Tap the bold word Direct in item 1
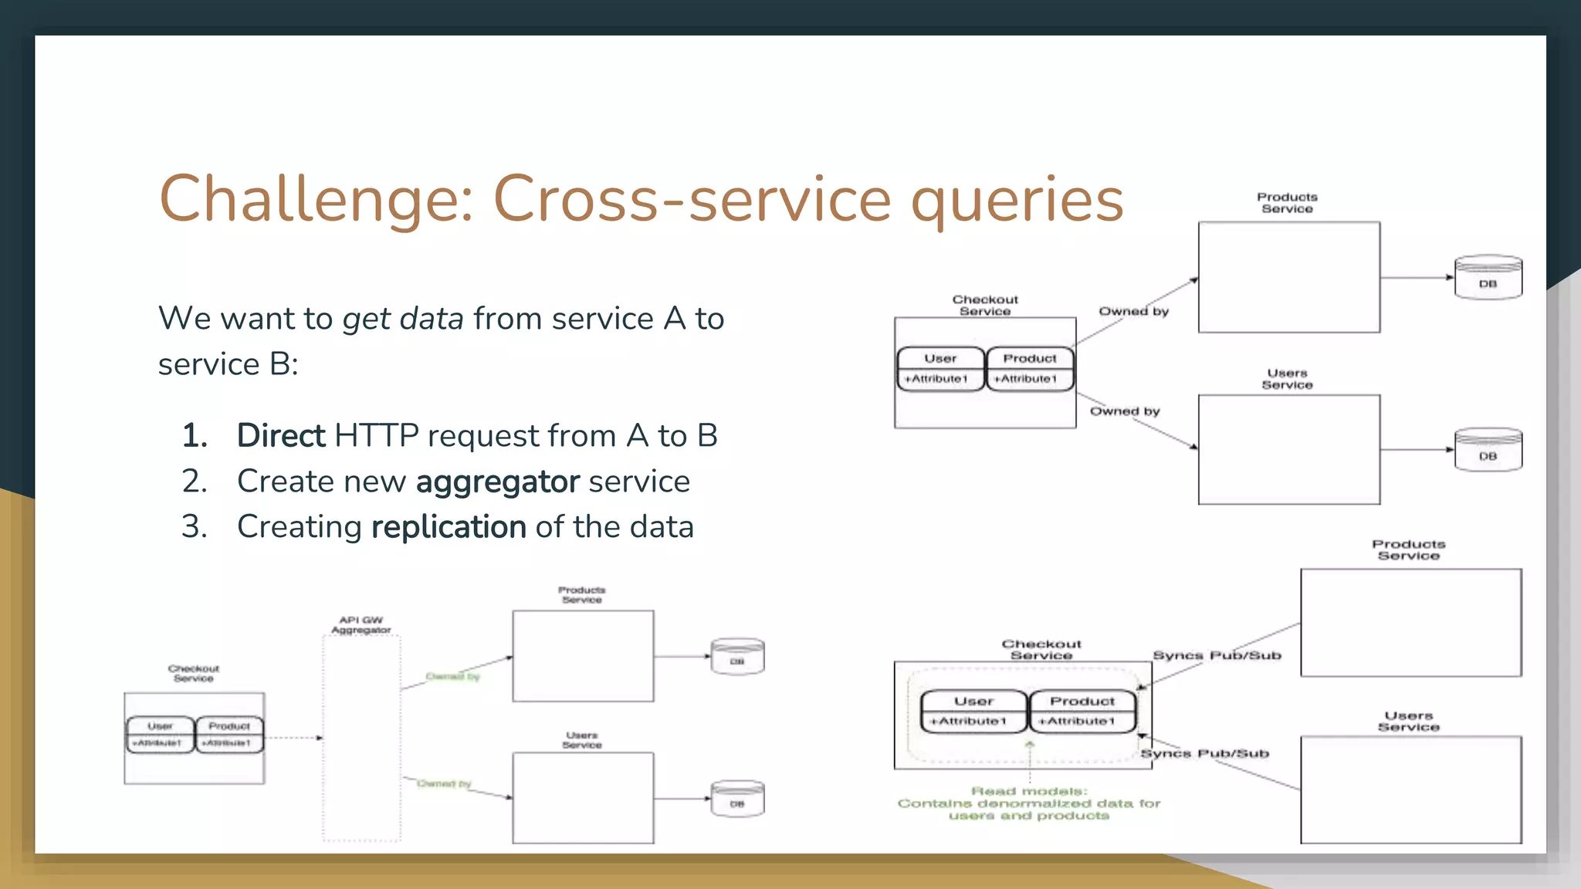pos(281,436)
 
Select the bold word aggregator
pos(497,482)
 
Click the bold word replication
pos(449,527)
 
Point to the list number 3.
pos(195,527)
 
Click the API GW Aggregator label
pos(361,625)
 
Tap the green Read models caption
pos(1029,803)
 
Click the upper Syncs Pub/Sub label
pos(1217,655)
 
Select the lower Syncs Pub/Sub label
pos(1204,753)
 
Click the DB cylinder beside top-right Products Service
pos(1488,278)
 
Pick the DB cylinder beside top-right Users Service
pos(1488,450)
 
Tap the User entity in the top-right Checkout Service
pos(940,369)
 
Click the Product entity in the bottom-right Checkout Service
pos(1082,711)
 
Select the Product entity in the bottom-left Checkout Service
pos(229,734)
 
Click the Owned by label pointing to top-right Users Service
pos(1125,411)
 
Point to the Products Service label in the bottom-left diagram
pos(582,595)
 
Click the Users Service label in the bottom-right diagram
pos(1409,721)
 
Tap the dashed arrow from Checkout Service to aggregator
pos(293,738)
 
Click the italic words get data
pos(403,319)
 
